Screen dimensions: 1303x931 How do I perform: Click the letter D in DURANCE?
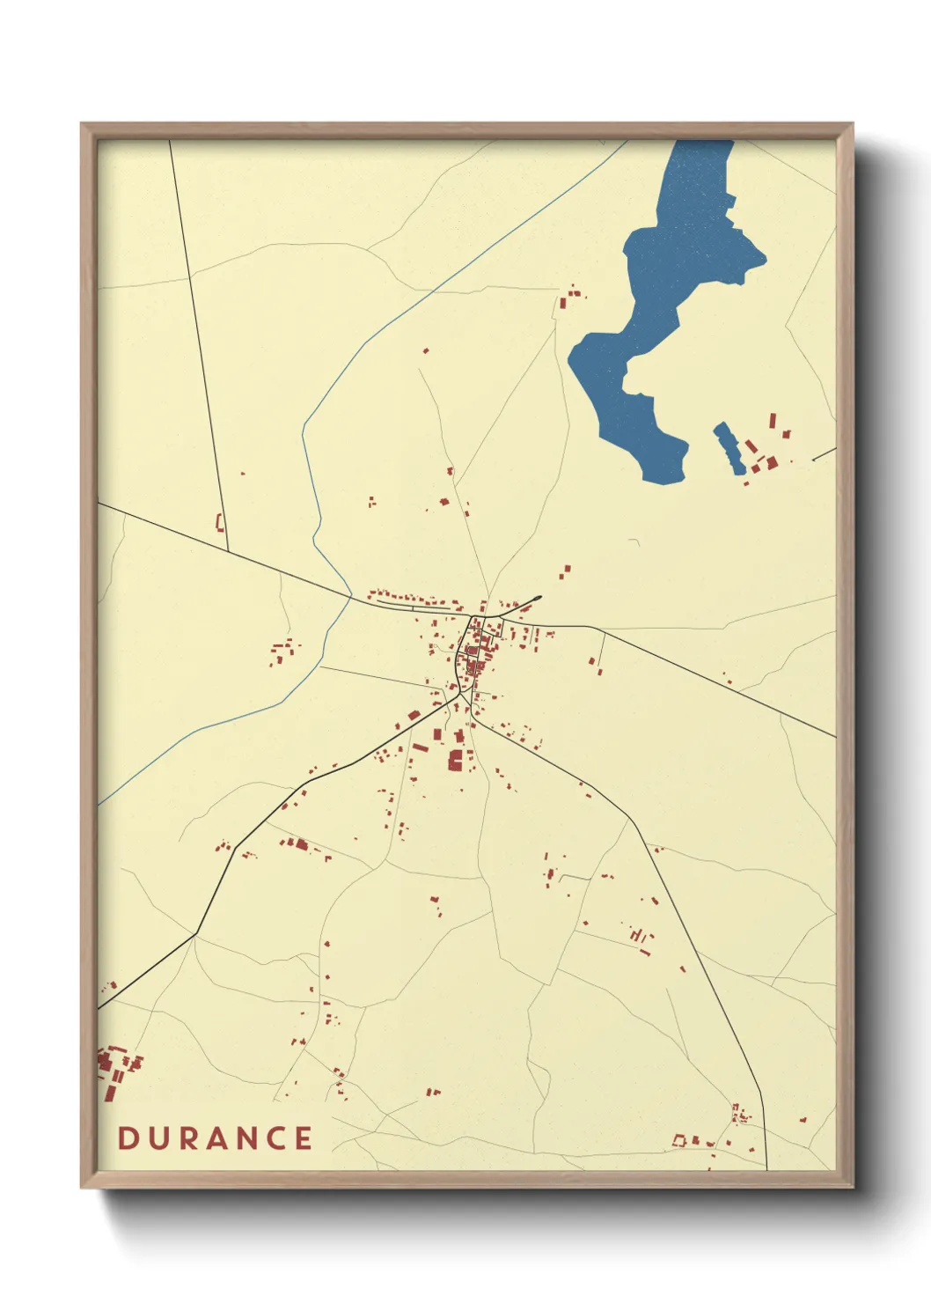(x=127, y=1138)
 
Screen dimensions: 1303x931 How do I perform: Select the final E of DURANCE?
(x=304, y=1138)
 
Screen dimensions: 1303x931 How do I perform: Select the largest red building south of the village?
(x=456, y=761)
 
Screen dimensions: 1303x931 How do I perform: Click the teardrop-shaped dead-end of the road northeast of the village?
(x=536, y=600)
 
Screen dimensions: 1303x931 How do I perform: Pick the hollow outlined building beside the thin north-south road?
(x=220, y=523)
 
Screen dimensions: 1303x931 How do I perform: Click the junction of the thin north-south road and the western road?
(x=229, y=552)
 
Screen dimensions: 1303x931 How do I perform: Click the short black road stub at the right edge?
(x=824, y=454)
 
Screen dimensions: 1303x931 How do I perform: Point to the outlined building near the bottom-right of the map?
(x=679, y=1140)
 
